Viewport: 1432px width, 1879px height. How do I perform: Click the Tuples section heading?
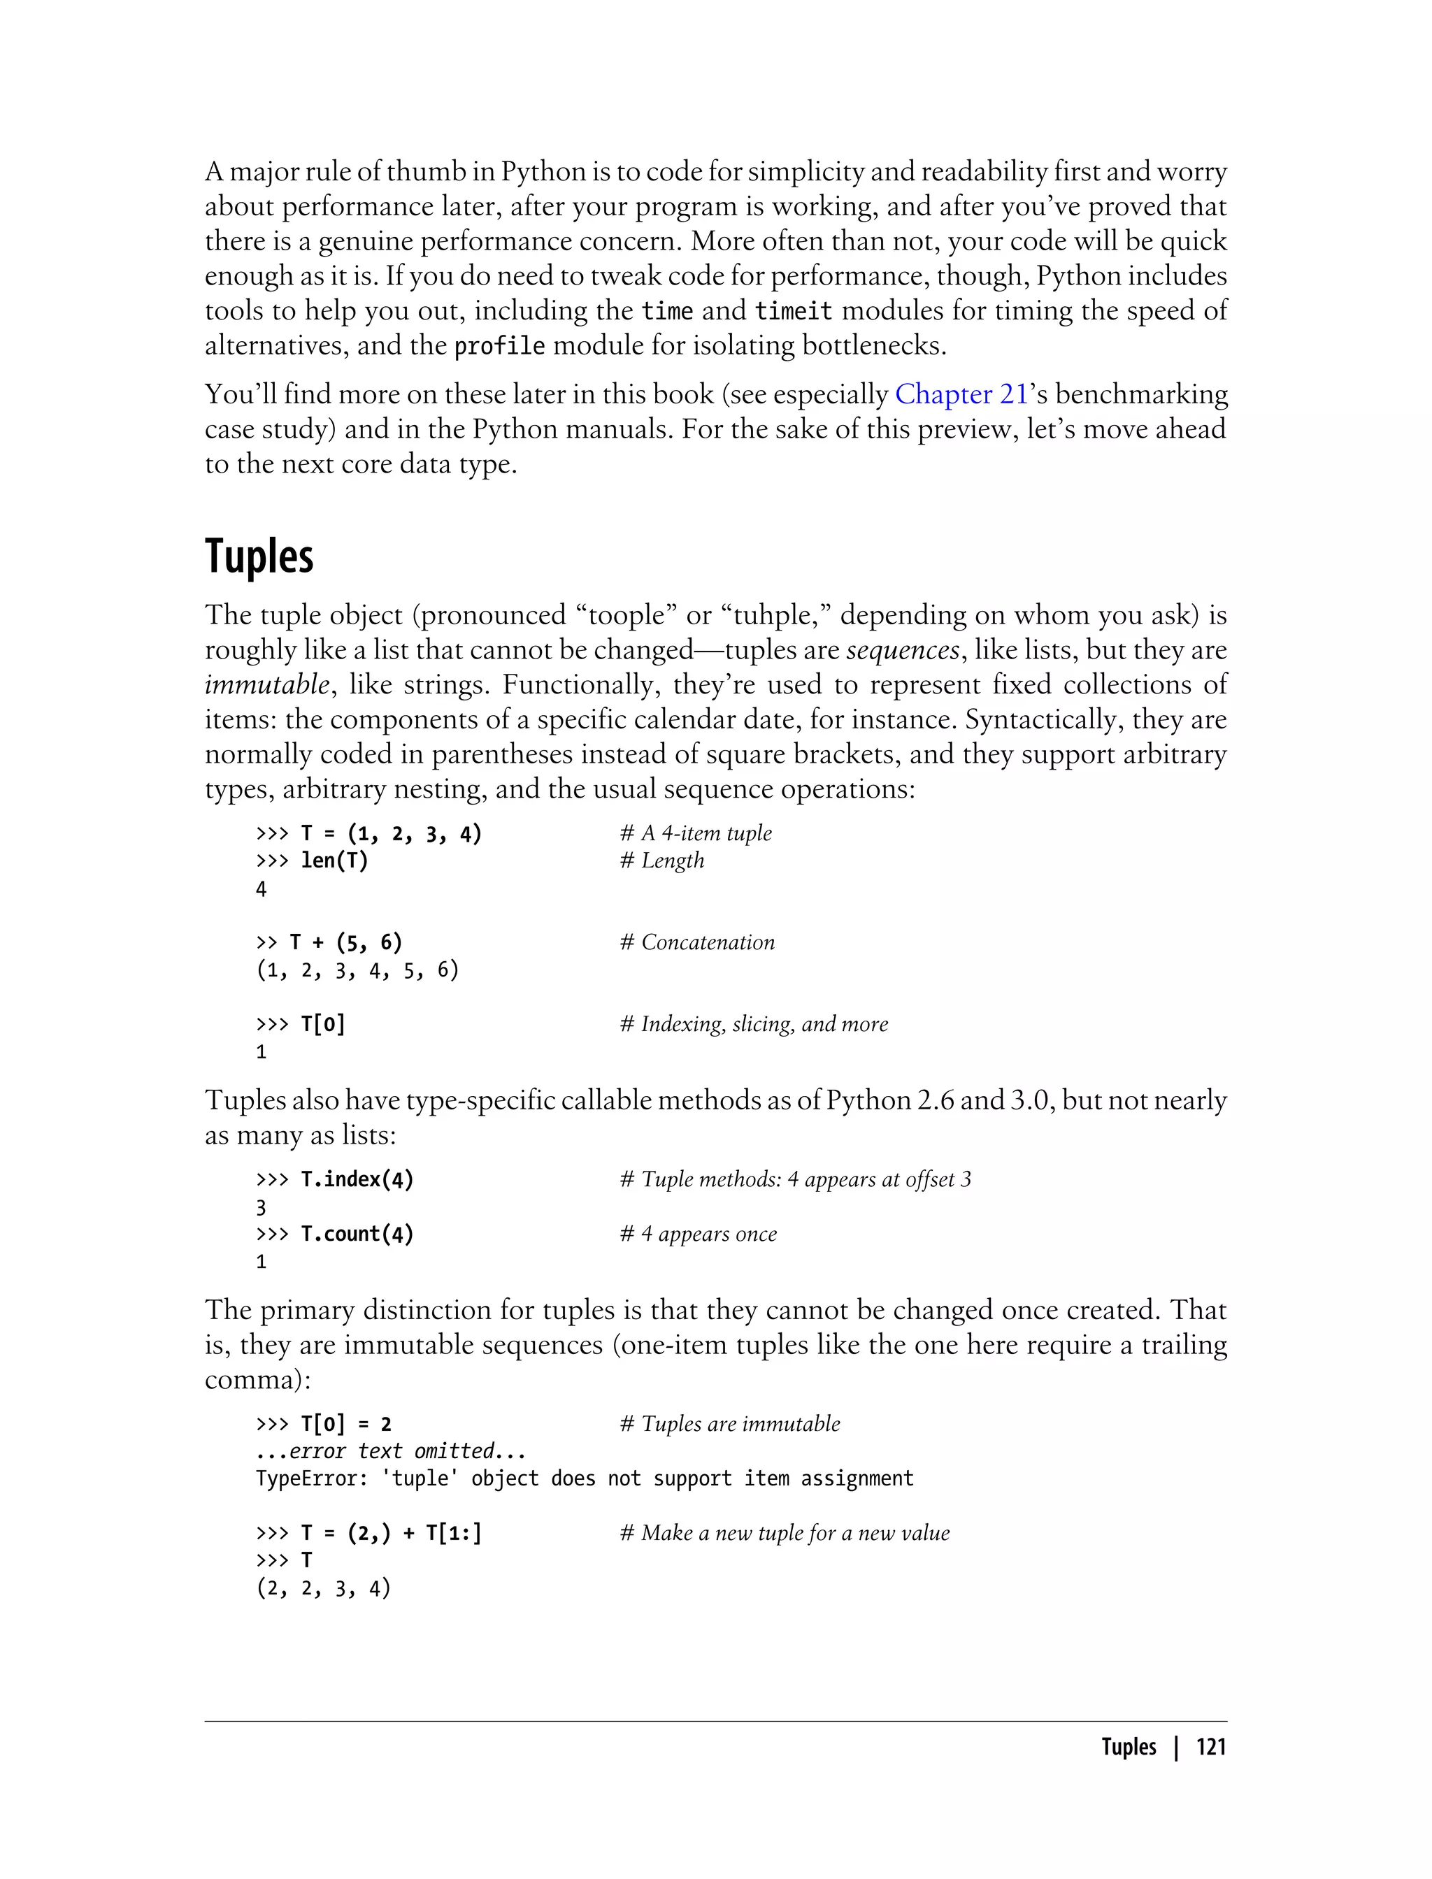point(259,557)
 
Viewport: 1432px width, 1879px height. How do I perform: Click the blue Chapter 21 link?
point(961,394)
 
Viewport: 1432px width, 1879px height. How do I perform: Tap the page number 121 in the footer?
point(1210,1747)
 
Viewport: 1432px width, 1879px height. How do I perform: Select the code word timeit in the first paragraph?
point(793,311)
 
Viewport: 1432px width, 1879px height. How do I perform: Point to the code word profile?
point(499,346)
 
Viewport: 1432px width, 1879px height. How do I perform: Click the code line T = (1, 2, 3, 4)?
point(392,833)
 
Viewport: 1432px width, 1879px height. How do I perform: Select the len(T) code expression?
point(334,861)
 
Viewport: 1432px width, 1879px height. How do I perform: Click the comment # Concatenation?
point(697,942)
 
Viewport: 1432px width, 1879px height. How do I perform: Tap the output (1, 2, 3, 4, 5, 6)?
point(357,970)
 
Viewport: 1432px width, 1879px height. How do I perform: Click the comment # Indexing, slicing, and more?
point(754,1024)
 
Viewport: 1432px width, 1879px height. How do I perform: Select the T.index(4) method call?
point(357,1179)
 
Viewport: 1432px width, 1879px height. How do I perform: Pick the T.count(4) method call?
point(357,1234)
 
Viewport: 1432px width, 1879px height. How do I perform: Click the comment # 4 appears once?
point(698,1234)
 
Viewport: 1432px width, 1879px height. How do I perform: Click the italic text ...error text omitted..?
point(390,1451)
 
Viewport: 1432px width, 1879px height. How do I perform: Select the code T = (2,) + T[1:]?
point(392,1533)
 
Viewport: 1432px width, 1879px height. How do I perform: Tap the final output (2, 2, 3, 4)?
point(323,1588)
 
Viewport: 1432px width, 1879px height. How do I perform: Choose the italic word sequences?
point(903,650)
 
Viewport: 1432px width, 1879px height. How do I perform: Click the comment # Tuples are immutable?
point(730,1424)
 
